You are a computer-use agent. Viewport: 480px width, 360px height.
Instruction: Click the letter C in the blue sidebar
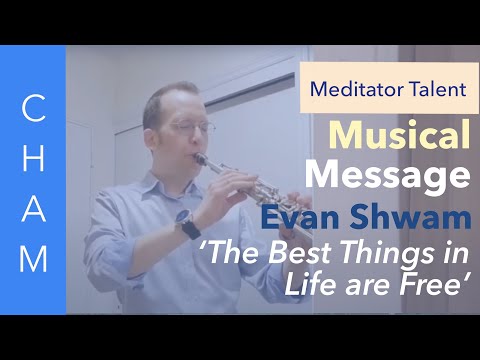click(33, 107)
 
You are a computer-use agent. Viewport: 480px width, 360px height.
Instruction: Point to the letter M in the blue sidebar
click(33, 259)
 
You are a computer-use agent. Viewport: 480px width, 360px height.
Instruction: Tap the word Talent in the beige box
click(429, 87)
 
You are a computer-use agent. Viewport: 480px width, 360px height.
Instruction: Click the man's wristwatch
click(187, 225)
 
